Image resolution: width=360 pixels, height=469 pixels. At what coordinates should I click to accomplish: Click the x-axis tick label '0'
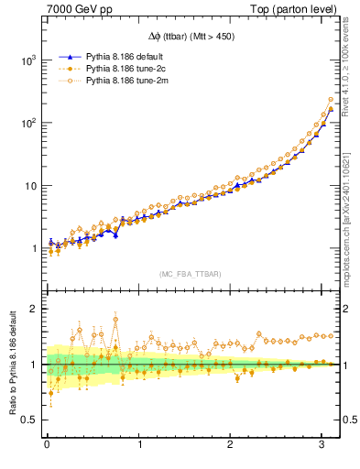pos(47,446)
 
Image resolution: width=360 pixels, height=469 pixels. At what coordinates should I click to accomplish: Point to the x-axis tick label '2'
pos(231,446)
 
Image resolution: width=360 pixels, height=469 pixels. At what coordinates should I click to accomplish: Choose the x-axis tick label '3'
pos(322,446)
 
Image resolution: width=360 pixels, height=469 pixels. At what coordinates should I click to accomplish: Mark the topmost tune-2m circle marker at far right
pos(331,100)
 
